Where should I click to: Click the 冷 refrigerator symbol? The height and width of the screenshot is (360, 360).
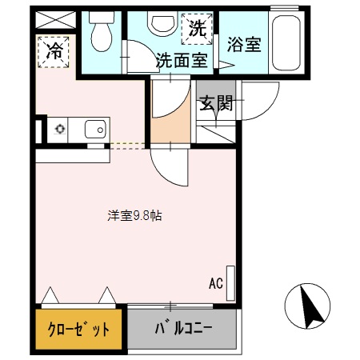click(54, 52)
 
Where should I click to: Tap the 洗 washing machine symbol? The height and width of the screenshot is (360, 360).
click(198, 29)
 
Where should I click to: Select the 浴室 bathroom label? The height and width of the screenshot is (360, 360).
click(244, 44)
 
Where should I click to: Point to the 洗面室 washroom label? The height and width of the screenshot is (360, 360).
click(181, 59)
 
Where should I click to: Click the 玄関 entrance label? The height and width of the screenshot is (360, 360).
click(214, 103)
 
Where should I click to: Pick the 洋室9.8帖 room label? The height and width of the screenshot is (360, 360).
click(137, 215)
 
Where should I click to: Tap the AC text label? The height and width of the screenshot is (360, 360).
click(215, 282)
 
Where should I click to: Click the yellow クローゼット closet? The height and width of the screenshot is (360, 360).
click(80, 330)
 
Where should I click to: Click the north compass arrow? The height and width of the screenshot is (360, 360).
click(307, 304)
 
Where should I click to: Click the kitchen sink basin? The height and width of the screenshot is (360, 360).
click(94, 128)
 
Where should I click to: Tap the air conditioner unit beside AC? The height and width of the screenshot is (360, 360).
click(231, 282)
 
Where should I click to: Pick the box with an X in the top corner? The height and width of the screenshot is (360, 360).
click(54, 18)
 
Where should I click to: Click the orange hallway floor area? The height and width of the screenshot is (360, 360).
click(170, 126)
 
